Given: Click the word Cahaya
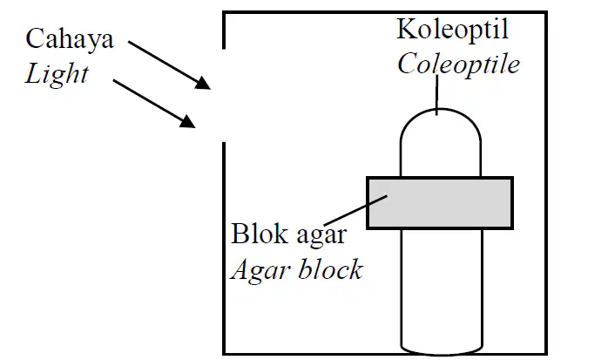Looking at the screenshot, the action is pyautogui.click(x=70, y=40).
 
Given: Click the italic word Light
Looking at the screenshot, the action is pyautogui.click(x=57, y=74).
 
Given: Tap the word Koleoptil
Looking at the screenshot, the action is pyautogui.click(x=452, y=31).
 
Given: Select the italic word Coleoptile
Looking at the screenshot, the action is pyautogui.click(x=458, y=64).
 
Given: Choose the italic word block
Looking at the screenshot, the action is pyautogui.click(x=331, y=269).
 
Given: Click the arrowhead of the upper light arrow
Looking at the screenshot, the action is pyautogui.click(x=203, y=83).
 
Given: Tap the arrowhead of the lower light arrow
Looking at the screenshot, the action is pyautogui.click(x=187, y=121).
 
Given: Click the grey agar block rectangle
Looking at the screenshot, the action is pyautogui.click(x=440, y=203).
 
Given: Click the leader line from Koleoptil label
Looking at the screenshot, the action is pyautogui.click(x=437, y=95).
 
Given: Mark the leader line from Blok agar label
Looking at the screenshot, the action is pyautogui.click(x=355, y=210).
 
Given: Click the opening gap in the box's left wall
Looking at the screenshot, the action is pyautogui.click(x=224, y=95).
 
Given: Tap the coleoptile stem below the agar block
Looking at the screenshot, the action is pyautogui.click(x=442, y=287).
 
